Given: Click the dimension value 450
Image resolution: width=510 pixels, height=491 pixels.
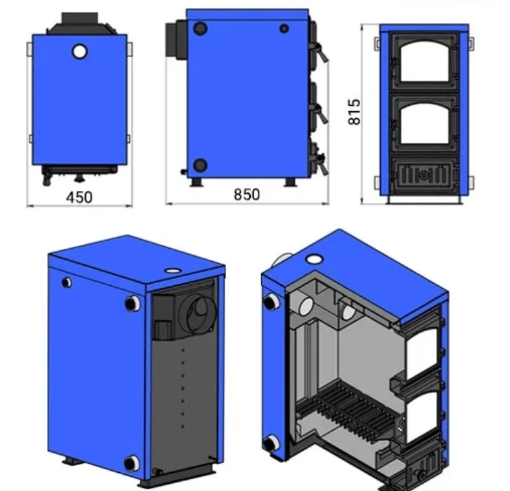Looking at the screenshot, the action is coord(79,197).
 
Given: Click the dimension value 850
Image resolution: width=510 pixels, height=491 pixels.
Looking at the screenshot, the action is coord(247,194).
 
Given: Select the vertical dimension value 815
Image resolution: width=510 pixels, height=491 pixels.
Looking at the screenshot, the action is coord(354,112).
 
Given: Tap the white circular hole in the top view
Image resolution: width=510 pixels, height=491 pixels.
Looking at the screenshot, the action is coord(80,51).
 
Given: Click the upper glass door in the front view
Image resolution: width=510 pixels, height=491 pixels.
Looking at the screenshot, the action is coord(424,62).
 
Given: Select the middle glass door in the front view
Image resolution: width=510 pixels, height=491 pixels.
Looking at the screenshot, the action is coord(424,124).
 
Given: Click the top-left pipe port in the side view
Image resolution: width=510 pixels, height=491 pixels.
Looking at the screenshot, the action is coord(200,29).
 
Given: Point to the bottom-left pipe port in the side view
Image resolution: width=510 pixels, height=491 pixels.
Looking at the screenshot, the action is coord(200,166).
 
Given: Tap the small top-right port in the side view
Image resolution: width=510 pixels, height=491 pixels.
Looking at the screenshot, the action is coord(285,29).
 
